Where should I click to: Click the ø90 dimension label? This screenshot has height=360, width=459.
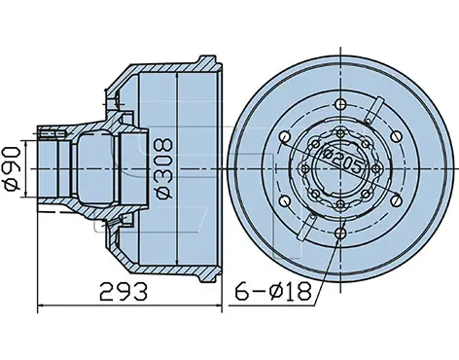[x=12, y=169]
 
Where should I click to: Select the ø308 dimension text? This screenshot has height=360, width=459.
[x=163, y=168]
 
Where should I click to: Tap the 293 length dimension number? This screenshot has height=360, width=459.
[x=124, y=291]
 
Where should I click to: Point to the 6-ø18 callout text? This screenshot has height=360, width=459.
[x=273, y=291]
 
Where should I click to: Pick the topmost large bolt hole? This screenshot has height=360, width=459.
[x=340, y=104]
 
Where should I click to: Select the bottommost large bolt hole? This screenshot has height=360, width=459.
[x=340, y=233]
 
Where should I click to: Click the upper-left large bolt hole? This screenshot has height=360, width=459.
[x=285, y=136]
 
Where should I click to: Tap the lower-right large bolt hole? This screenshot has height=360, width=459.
[x=396, y=201]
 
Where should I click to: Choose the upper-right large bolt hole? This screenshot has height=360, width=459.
[x=396, y=136]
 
